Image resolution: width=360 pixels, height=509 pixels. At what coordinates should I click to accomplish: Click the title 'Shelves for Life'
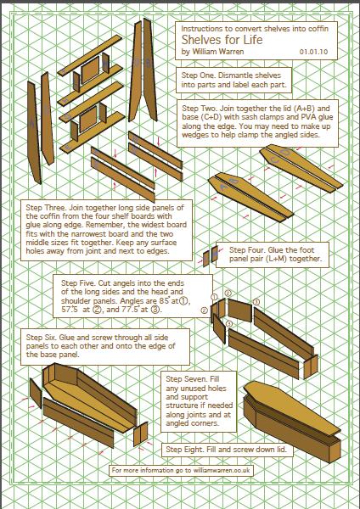pyautogui.click(x=222, y=40)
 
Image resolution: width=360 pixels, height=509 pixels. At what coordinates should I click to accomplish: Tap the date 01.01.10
pyautogui.click(x=313, y=52)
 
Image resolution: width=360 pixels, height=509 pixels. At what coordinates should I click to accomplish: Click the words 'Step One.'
pyautogui.click(x=198, y=76)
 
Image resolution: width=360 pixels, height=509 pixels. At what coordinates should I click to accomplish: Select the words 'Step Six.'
pyautogui.click(x=42, y=338)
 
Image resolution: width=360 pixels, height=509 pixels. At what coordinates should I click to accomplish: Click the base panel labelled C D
pyautogui.click(x=301, y=168)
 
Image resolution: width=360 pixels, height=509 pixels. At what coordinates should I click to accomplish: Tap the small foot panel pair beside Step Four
pyautogui.click(x=211, y=256)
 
